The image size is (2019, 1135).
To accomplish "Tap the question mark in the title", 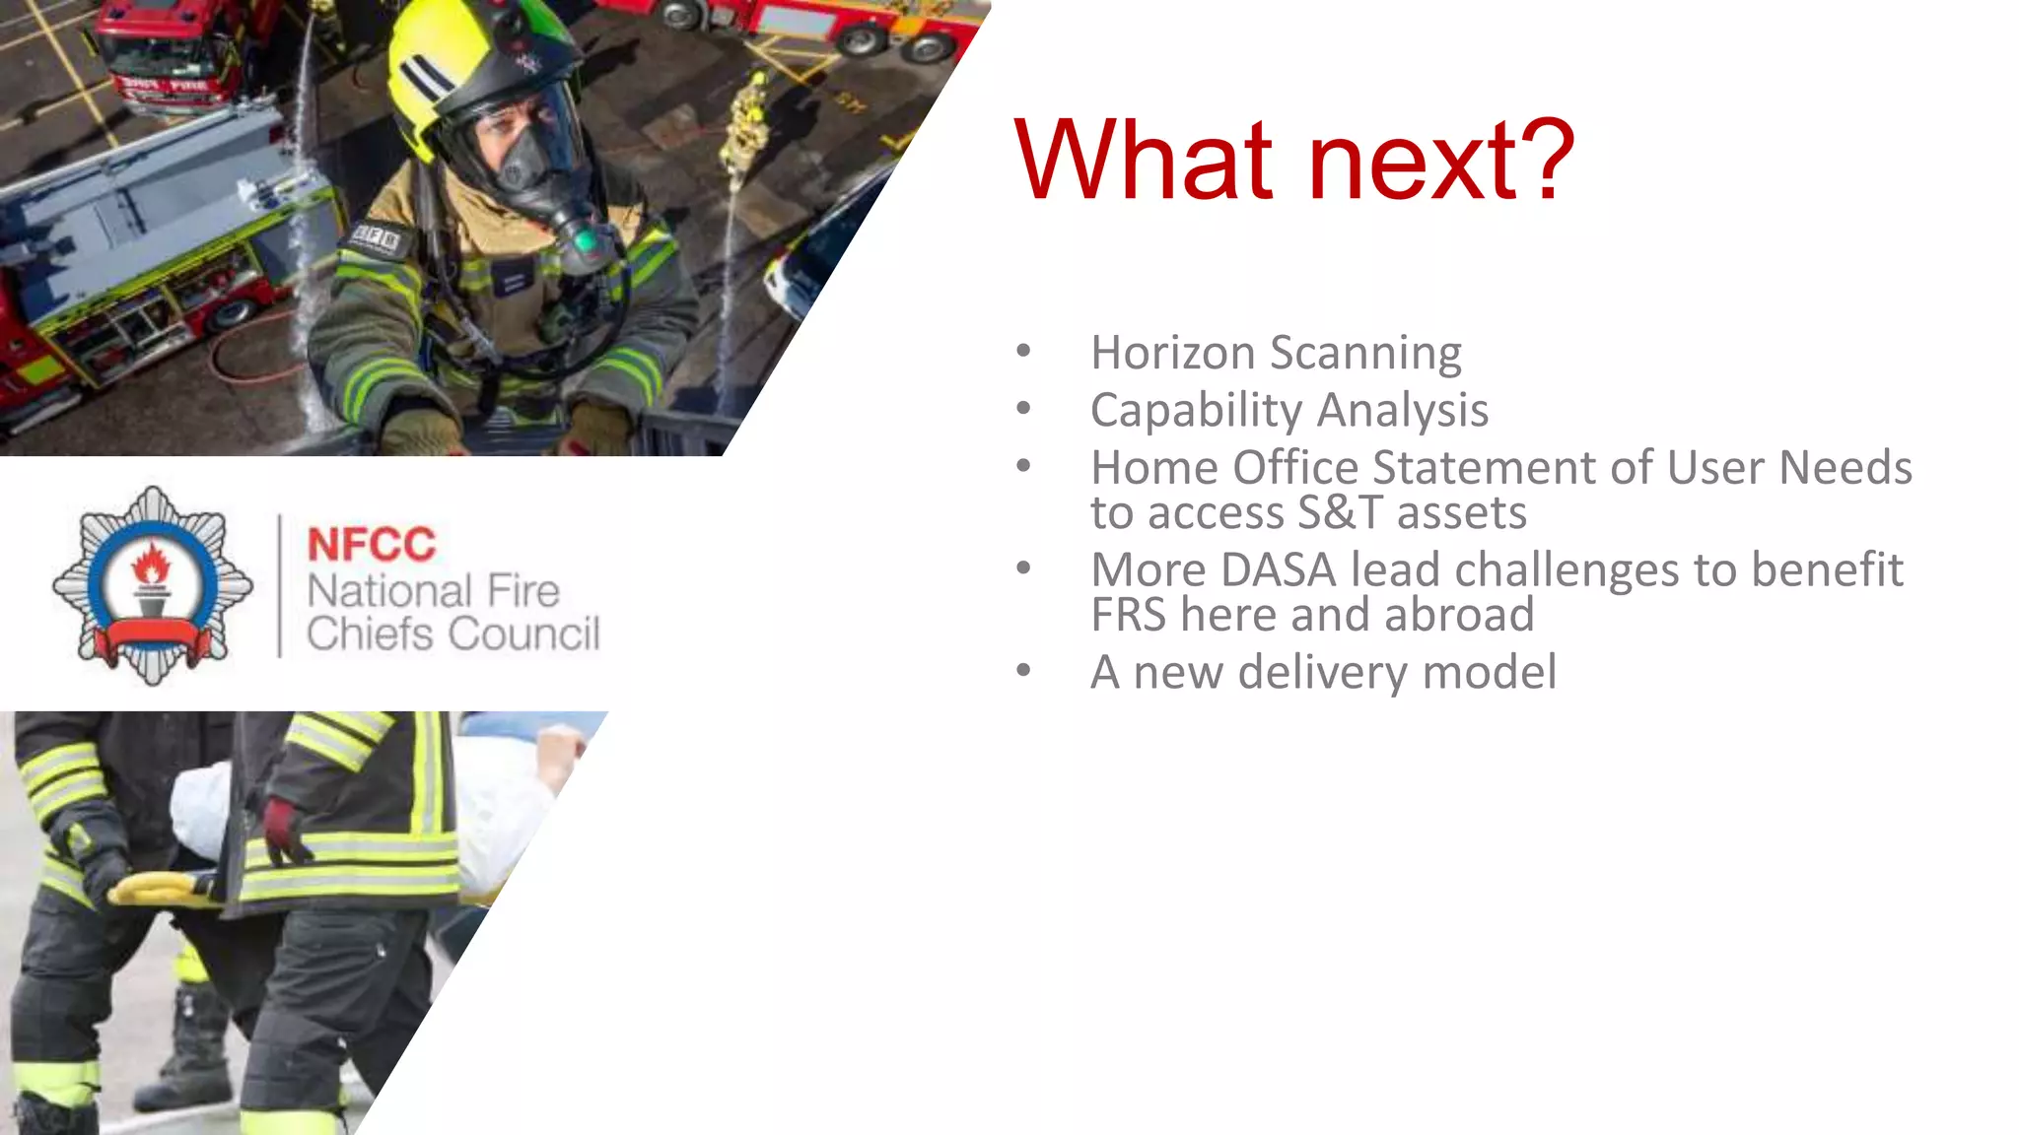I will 1541,160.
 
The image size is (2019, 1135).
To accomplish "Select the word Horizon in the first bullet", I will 1172,353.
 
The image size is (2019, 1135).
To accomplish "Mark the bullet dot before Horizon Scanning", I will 1023,351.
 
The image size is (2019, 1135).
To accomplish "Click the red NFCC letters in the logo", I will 371,545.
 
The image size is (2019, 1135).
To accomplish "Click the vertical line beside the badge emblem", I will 280,585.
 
